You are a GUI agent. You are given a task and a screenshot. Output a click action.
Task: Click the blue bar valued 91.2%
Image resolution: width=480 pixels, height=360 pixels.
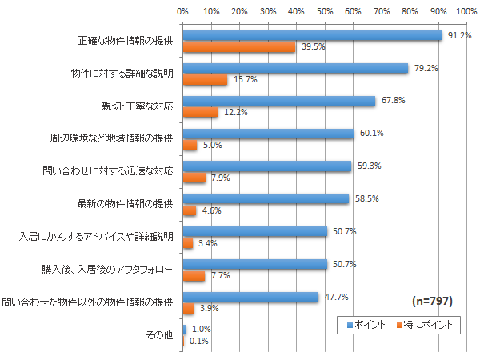coord(312,36)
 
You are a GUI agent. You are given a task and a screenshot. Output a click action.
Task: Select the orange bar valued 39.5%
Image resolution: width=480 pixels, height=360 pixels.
coord(239,47)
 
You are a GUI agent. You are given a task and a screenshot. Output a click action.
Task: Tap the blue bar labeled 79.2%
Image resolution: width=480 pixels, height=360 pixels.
coord(295,68)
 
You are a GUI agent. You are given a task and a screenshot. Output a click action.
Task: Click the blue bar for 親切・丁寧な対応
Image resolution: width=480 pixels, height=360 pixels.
coord(279,101)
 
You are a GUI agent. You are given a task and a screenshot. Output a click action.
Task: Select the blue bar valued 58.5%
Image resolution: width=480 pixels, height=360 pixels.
coord(266,198)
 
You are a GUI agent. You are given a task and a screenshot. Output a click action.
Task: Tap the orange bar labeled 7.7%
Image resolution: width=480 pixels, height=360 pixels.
coord(194,276)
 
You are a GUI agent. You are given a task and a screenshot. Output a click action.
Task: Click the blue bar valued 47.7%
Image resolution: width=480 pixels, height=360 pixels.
coord(251,297)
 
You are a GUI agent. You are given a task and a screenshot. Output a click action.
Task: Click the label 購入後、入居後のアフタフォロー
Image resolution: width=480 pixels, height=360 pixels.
coord(107,270)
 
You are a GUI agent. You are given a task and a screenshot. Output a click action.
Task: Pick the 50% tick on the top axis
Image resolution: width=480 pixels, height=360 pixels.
coord(325,12)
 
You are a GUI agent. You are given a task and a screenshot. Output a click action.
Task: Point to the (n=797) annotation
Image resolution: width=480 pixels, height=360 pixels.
coord(433,302)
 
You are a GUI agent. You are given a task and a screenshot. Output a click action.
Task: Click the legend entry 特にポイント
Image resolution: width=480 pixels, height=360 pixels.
coord(428,324)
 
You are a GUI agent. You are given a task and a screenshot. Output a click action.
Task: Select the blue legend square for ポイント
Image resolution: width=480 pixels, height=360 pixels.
coord(349,325)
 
